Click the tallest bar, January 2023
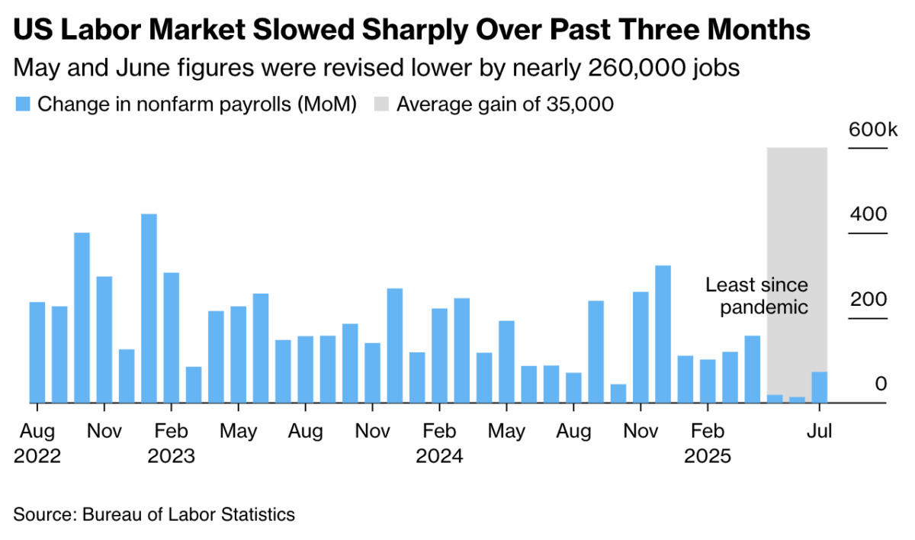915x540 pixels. click(x=149, y=308)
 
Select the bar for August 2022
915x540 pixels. click(x=37, y=352)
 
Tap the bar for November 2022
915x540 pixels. click(x=104, y=339)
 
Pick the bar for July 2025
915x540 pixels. click(x=820, y=387)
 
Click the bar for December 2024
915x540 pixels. click(x=663, y=334)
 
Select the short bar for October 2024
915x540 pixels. click(x=618, y=394)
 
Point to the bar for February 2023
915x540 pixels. click(x=172, y=337)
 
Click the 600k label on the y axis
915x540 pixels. click(x=868, y=130)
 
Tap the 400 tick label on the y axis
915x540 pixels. click(x=868, y=214)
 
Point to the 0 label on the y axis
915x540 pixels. click(x=881, y=384)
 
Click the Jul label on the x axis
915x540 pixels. click(x=820, y=432)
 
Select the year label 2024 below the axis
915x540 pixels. click(x=439, y=457)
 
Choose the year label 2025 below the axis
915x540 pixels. click(x=708, y=457)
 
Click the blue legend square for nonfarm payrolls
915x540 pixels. click(x=22, y=104)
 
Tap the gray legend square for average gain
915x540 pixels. click(x=380, y=104)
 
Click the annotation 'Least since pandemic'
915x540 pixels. click(x=756, y=297)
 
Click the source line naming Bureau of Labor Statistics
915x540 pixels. click(x=154, y=515)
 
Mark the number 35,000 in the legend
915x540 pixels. click(x=579, y=104)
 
